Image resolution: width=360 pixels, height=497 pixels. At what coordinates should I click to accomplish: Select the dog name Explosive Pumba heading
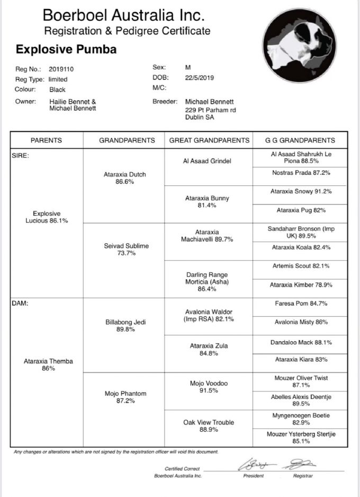(66, 50)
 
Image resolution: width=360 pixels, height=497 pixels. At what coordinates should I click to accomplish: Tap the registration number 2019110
(61, 69)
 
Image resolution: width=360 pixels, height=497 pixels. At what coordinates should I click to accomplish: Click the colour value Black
(57, 90)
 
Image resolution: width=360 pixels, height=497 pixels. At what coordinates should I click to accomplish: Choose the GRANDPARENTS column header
(127, 140)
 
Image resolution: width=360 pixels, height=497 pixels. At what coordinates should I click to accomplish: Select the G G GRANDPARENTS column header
(300, 140)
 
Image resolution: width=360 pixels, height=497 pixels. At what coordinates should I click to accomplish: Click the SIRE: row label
(20, 156)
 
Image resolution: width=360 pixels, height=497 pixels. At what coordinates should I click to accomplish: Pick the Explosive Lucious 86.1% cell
(47, 217)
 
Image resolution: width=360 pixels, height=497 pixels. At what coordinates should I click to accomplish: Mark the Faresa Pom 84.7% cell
(300, 304)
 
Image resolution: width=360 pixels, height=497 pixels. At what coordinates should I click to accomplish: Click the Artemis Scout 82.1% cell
(300, 265)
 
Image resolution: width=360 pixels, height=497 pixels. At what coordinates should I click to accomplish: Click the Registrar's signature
(299, 465)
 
